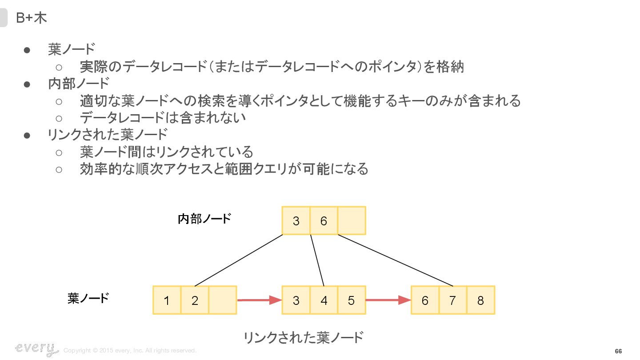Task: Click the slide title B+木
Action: click(32, 18)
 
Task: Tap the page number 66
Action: click(618, 351)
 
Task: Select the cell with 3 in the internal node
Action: click(296, 220)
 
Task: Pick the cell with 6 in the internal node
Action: click(324, 220)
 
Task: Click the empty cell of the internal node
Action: click(352, 220)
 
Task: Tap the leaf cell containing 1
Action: click(167, 300)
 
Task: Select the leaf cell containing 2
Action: click(195, 300)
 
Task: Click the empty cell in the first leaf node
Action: click(222, 300)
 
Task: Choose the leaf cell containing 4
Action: click(324, 300)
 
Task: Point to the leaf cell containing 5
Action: click(352, 300)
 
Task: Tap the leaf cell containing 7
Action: click(452, 300)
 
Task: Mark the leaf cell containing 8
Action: click(480, 300)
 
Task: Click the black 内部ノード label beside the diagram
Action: click(204, 219)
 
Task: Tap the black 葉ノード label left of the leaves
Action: click(88, 298)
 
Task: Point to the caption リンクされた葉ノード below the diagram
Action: click(303, 338)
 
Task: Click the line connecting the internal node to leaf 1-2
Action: click(239, 260)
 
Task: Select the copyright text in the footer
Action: click(130, 351)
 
